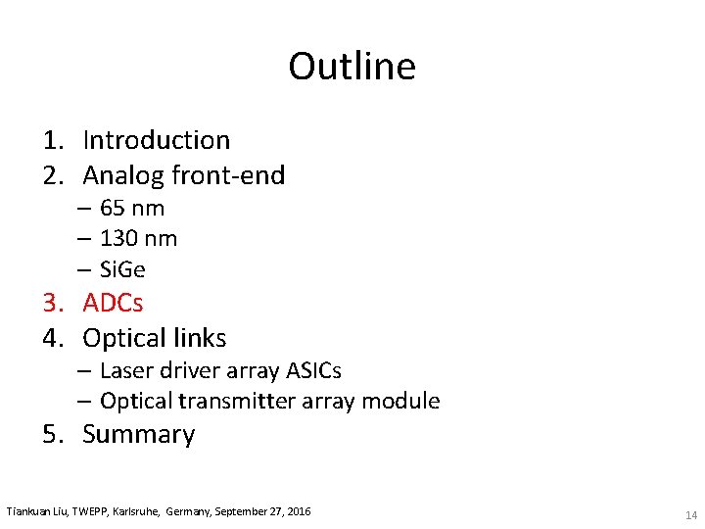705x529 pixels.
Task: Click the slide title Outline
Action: tap(352, 67)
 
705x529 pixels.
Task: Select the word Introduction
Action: tap(156, 140)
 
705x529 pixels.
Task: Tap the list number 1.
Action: tap(51, 140)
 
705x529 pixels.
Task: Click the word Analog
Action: tap(123, 175)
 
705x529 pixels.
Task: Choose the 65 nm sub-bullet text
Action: tap(132, 208)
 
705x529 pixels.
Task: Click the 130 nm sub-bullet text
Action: tap(138, 238)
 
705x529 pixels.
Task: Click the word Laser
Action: tap(126, 370)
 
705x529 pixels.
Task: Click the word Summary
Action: tap(138, 434)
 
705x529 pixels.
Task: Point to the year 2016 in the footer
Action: tap(296, 511)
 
